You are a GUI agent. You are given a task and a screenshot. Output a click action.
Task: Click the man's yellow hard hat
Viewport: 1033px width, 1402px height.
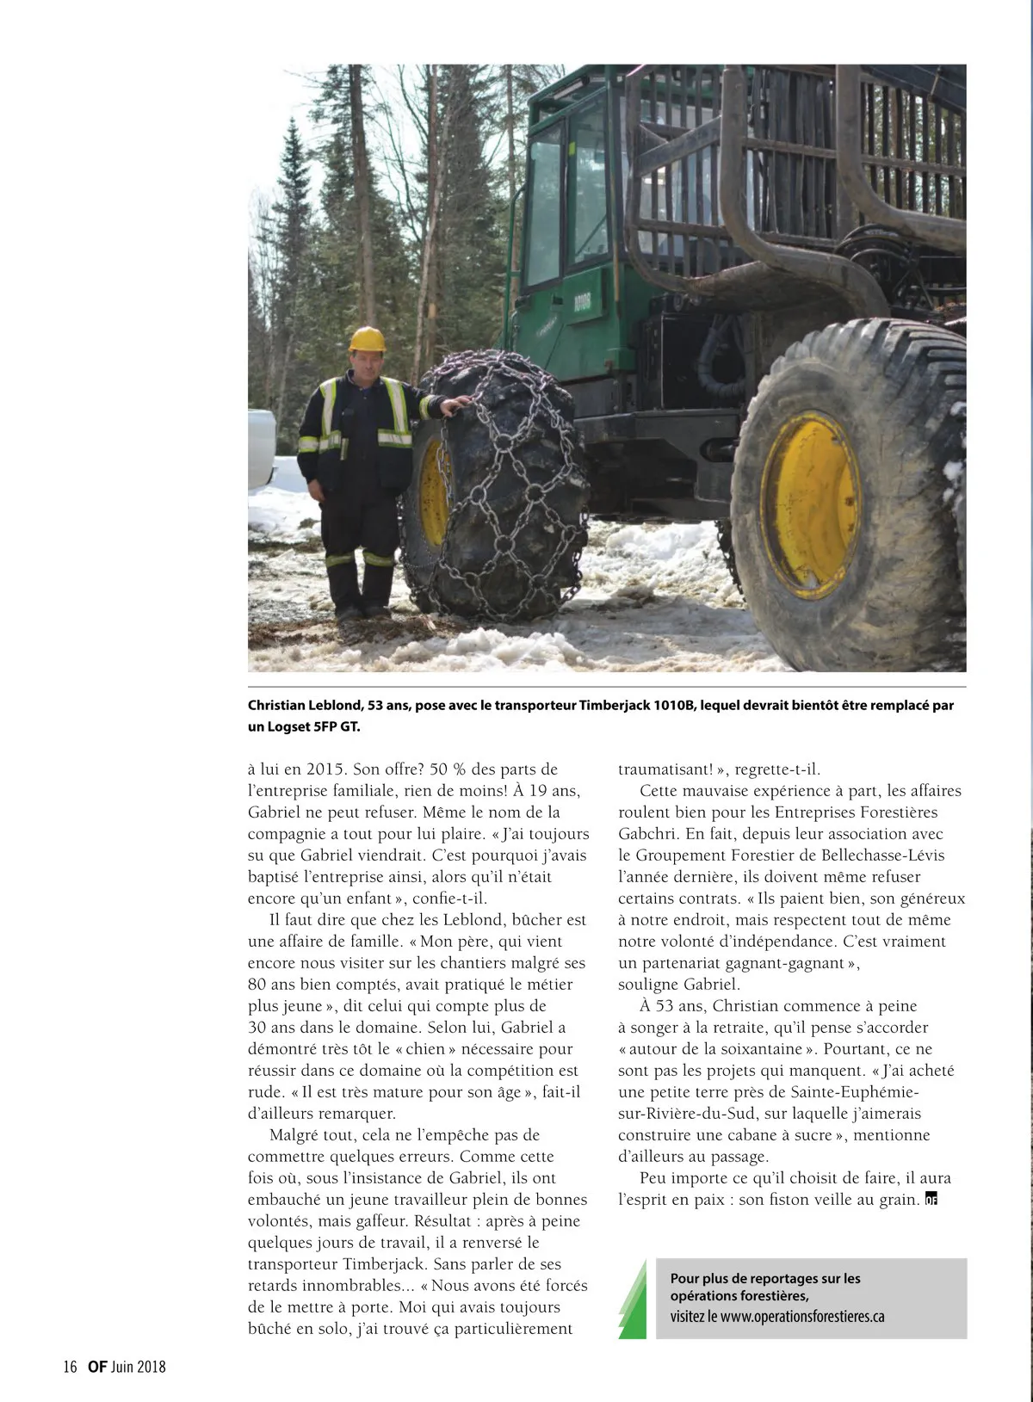367,339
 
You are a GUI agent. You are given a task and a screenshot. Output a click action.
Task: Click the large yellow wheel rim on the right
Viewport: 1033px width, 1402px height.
810,504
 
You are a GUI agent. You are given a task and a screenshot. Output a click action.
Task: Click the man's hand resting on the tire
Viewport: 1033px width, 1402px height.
459,402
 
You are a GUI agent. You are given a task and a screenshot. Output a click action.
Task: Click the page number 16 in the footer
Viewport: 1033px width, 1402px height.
70,1366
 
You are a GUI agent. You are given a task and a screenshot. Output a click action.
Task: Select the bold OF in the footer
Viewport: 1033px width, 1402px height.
96,1366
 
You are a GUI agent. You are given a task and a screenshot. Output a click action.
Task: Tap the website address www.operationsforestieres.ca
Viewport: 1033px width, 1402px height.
802,1317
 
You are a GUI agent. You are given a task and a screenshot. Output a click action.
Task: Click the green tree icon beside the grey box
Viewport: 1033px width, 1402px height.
634,1300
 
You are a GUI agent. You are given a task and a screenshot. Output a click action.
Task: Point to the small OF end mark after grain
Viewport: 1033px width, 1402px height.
930,1200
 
